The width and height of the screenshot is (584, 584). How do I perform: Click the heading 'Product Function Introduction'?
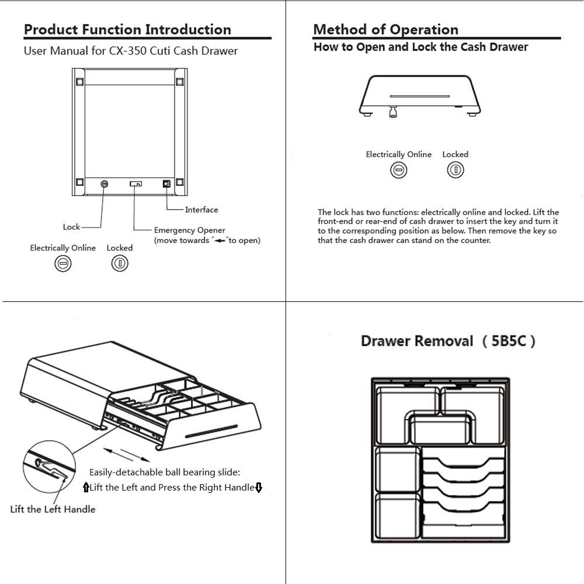(127, 30)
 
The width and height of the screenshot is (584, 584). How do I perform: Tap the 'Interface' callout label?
(201, 210)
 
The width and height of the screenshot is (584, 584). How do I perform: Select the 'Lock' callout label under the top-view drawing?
(71, 227)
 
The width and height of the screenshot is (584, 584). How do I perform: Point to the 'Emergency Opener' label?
(189, 230)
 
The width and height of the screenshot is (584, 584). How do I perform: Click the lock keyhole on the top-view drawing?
(105, 184)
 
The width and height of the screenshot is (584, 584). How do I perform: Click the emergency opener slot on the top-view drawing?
(135, 184)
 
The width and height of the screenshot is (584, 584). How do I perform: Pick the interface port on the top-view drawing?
(166, 184)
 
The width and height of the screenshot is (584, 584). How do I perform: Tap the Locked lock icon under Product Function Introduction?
(119, 263)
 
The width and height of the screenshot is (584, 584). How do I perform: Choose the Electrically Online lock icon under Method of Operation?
(398, 170)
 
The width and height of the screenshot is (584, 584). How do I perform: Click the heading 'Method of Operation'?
(385, 30)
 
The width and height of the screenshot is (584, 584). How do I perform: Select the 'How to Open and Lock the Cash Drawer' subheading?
(420, 47)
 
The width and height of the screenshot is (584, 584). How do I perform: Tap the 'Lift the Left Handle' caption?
(53, 509)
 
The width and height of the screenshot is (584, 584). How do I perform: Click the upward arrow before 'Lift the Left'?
(86, 487)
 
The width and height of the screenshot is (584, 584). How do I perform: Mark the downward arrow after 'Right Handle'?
(259, 487)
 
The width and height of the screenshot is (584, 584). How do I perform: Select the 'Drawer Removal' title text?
(416, 341)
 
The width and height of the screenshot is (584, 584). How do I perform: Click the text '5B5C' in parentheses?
(509, 341)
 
